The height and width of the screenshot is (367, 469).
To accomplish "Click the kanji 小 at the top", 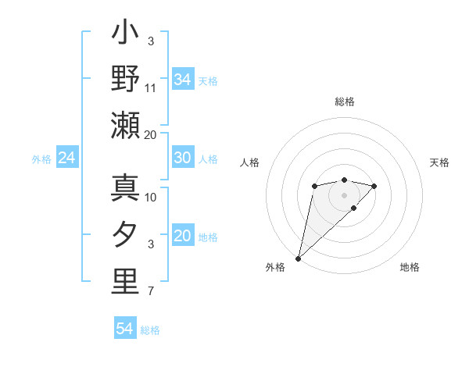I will [x=125, y=35].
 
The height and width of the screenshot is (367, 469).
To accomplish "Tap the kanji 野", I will [x=125, y=80].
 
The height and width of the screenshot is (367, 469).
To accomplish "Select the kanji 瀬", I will [x=125, y=126].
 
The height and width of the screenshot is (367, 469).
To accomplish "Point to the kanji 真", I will [x=125, y=189].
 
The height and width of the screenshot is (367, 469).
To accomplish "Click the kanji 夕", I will [x=125, y=236].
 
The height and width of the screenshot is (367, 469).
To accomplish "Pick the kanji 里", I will [x=125, y=283].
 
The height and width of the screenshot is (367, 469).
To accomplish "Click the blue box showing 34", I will [x=182, y=80].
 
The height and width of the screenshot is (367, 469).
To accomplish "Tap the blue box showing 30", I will [x=182, y=158].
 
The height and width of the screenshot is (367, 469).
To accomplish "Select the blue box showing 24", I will [x=66, y=159].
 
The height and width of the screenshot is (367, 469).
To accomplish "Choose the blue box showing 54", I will [x=124, y=329].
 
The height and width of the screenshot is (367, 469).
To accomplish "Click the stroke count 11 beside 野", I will [x=151, y=88].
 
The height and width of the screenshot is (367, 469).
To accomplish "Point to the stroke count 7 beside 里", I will [x=151, y=292].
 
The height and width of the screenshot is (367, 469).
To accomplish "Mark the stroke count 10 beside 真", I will [x=151, y=197].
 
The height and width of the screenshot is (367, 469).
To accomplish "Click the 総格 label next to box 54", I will [x=150, y=330].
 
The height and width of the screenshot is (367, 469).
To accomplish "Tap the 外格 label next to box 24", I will [x=41, y=159].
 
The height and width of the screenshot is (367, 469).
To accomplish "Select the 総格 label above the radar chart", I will [x=344, y=102].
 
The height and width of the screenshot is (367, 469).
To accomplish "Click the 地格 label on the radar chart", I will [x=410, y=267].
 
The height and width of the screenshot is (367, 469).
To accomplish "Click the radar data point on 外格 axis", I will [x=298, y=258].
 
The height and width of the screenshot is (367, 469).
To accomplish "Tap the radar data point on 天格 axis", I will [x=374, y=186].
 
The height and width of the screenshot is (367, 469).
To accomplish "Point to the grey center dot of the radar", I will [x=344, y=194].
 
